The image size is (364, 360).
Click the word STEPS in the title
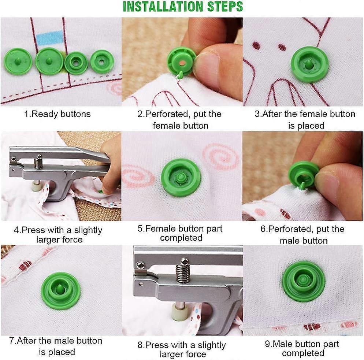click(x=225, y=7)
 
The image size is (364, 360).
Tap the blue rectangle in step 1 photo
click(x=50, y=38)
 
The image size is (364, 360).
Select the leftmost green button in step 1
click(x=18, y=62)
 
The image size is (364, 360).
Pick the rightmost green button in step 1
click(x=102, y=62)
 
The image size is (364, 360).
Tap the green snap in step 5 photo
click(x=181, y=178)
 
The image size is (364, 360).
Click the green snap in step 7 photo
click(x=61, y=291)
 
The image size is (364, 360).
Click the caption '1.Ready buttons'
click(x=57, y=114)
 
